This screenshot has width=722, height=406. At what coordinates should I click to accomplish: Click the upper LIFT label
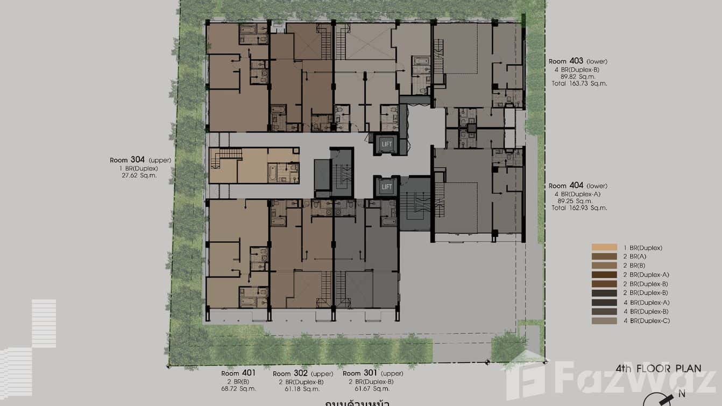click(x=387, y=144)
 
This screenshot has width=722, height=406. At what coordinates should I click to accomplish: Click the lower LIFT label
click(x=387, y=187)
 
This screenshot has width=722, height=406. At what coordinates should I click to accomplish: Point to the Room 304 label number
click(x=138, y=160)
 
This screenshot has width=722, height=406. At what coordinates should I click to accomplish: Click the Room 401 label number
click(x=248, y=373)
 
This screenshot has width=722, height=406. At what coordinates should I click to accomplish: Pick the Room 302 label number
click(x=300, y=373)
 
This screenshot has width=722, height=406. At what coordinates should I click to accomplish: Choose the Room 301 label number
click(x=370, y=373)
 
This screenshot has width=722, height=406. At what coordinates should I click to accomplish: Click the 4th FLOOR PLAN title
click(x=659, y=369)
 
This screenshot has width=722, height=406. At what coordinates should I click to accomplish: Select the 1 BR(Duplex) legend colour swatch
click(x=604, y=248)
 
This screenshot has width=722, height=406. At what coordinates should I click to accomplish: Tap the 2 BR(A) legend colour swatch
click(x=604, y=257)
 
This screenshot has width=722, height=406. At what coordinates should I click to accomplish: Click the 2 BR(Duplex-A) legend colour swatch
click(x=604, y=275)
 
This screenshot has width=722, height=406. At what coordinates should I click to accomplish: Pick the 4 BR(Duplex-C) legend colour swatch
click(x=604, y=321)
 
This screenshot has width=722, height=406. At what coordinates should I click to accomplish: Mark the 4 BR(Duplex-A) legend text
click(x=643, y=303)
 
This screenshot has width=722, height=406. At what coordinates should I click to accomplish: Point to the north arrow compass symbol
click(x=667, y=400)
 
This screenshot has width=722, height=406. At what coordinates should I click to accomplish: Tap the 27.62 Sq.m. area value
click(x=139, y=176)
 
